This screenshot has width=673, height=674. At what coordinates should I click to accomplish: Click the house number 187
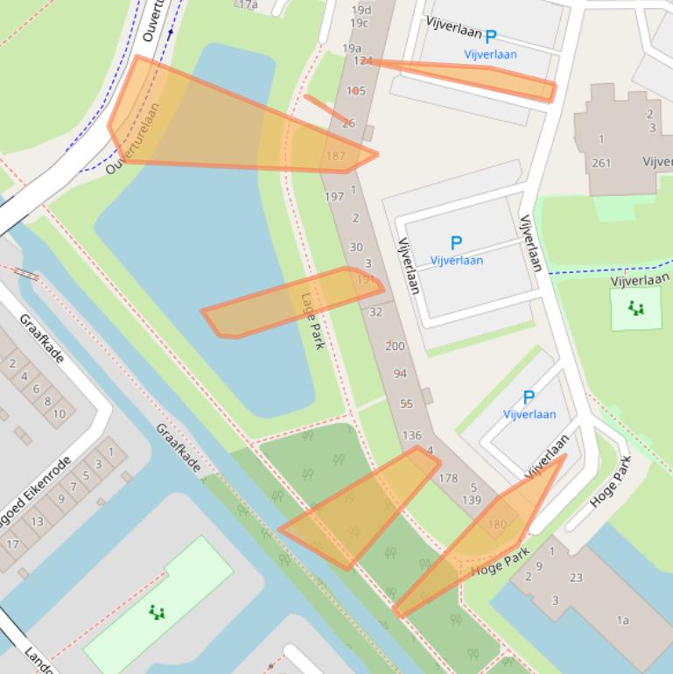coord(335,156)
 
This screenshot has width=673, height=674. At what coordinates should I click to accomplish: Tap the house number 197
coord(334,197)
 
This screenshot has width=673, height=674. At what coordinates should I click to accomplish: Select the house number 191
coord(366,278)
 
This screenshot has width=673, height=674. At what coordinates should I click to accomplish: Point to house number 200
coord(396,346)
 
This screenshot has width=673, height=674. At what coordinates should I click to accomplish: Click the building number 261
coord(601,163)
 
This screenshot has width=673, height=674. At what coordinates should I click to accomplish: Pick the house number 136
coord(411,435)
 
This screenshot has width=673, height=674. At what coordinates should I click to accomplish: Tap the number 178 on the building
coord(448,478)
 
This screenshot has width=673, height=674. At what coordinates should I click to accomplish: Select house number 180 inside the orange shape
coord(496,524)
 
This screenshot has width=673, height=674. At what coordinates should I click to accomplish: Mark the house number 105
coord(356,90)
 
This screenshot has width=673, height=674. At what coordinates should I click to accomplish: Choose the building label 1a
coord(622,620)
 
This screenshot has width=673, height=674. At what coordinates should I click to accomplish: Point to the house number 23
coord(576,577)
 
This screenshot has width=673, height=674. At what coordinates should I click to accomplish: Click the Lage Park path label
coord(312,320)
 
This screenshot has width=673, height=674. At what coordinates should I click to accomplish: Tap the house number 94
coord(401,374)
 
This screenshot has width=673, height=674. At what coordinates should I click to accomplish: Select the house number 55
coord(406,404)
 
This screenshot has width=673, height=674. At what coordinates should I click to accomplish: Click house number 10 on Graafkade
coord(59,413)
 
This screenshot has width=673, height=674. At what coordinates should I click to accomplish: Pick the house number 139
coord(472,500)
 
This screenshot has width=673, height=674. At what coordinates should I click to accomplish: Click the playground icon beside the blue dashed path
coord(635,307)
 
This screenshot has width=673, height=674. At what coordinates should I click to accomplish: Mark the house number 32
coord(376,312)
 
